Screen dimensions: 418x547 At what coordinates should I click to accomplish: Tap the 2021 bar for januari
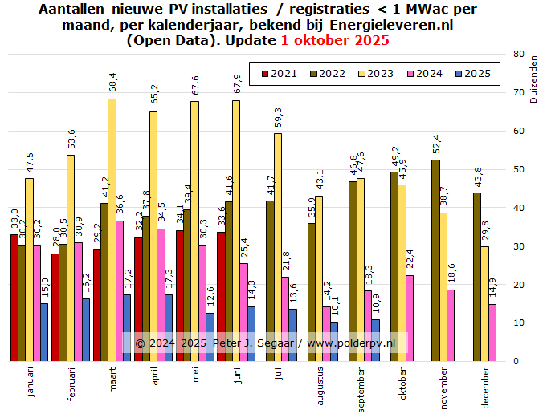[14, 298]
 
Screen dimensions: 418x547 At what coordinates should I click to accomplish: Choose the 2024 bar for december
[492, 333]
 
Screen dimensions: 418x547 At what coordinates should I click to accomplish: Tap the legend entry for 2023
[375, 74]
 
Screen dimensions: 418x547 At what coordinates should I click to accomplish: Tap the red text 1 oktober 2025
[335, 40]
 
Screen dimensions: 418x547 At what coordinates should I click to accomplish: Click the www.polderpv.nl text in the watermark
[351, 343]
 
